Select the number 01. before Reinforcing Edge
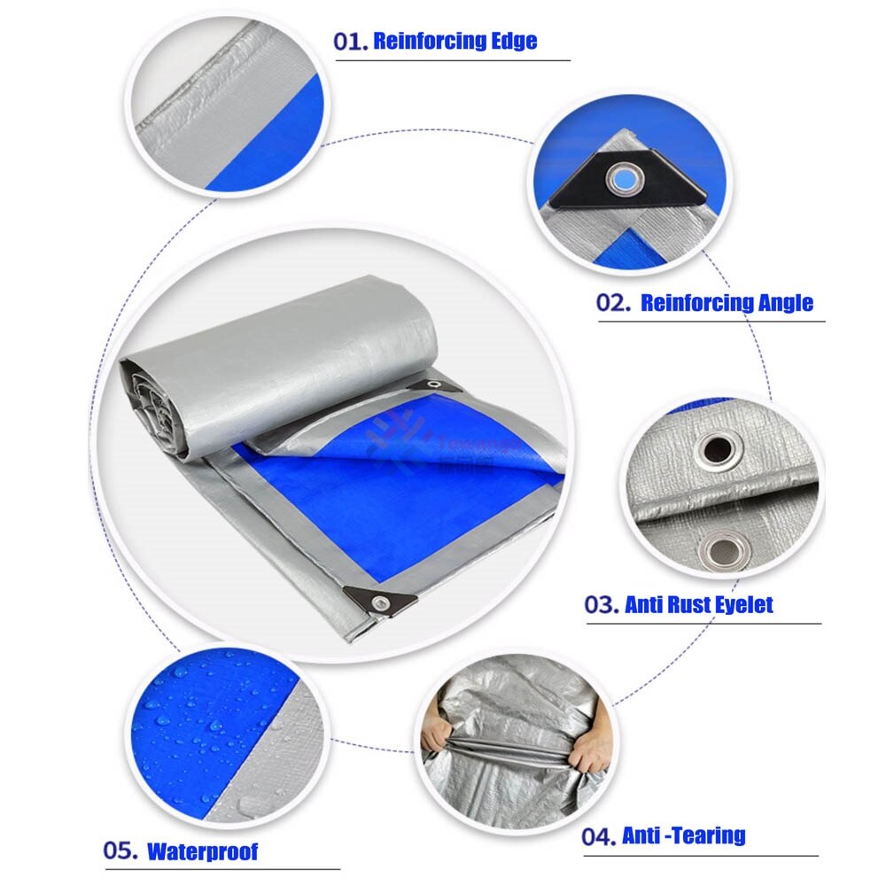coord(351,41)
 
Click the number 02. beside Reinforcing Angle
coord(614,303)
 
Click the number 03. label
coord(601,605)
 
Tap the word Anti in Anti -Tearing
coord(640,835)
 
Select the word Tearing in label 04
coord(710,835)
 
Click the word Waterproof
coord(202,852)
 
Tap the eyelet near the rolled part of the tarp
coord(434,385)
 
